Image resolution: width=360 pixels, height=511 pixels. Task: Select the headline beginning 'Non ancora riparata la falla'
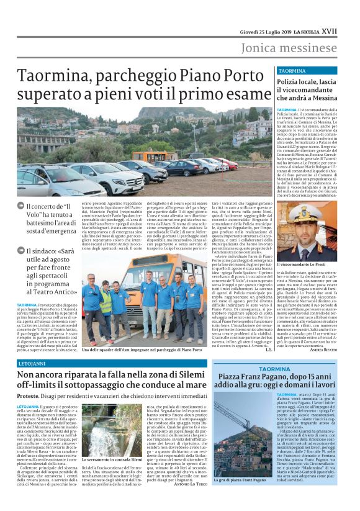(112, 378)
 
